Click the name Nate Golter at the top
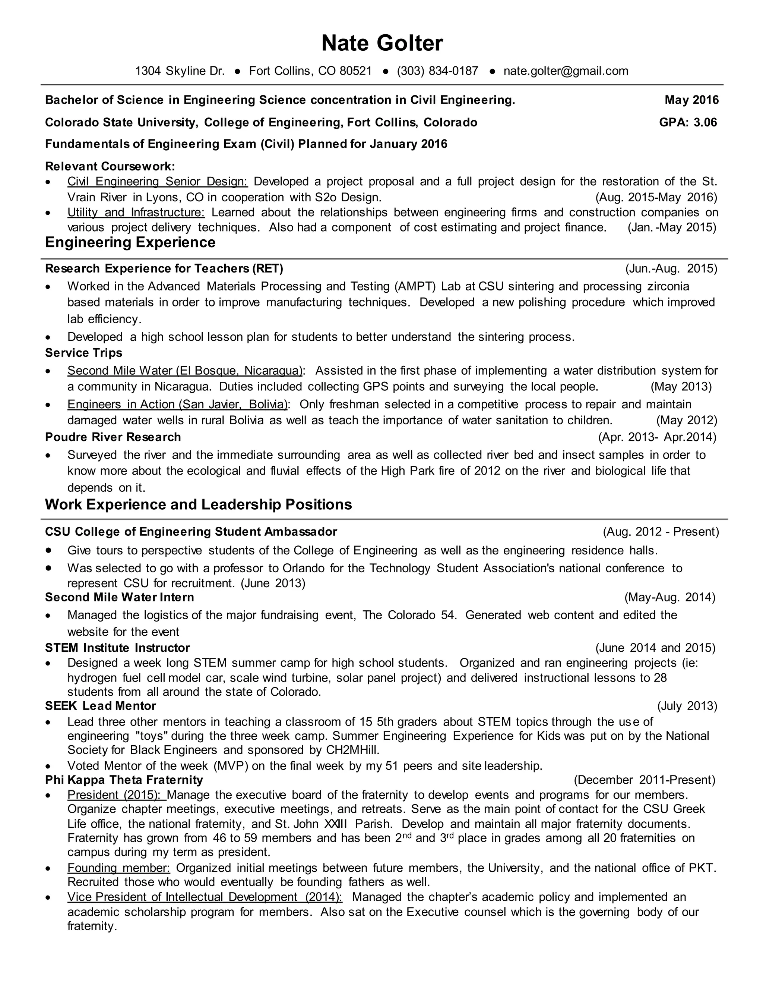point(382,43)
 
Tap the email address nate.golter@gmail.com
point(566,71)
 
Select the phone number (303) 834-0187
point(437,71)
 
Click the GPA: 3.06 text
point(688,123)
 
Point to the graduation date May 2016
point(691,100)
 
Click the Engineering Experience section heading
point(130,242)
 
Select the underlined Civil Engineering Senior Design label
point(157,182)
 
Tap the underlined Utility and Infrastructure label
point(136,213)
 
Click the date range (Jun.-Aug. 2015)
point(671,269)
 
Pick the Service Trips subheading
point(83,353)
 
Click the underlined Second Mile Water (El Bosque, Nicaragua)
point(185,371)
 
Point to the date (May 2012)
point(686,421)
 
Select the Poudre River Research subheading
point(113,437)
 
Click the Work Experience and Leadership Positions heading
point(199,505)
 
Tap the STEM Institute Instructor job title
point(117,648)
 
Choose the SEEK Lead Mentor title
point(100,706)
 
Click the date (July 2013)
point(687,706)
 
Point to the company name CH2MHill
point(352,751)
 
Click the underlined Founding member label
point(118,868)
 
